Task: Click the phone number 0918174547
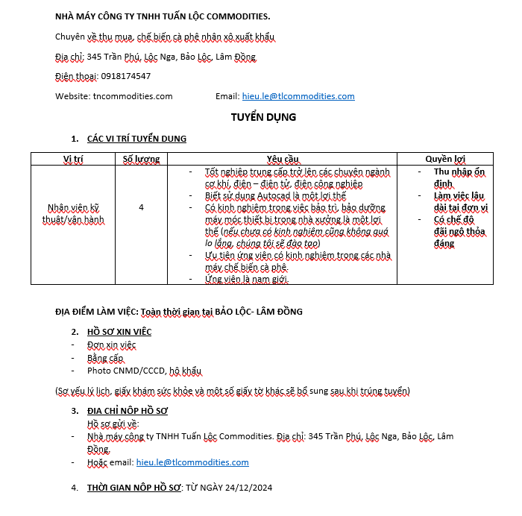click(126, 76)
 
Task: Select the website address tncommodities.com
click(133, 96)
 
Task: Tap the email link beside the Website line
click(298, 96)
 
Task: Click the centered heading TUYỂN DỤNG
click(263, 117)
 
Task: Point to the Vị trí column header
click(73, 159)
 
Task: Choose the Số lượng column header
click(142, 159)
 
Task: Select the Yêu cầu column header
click(282, 159)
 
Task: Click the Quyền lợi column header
click(445, 159)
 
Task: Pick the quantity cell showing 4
click(142, 207)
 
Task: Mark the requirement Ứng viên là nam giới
click(247, 279)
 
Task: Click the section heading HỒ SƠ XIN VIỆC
click(119, 332)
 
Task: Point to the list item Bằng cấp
click(104, 358)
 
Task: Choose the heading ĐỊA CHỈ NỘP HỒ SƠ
click(128, 411)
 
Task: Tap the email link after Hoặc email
click(192, 462)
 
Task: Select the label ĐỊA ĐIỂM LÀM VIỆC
click(96, 311)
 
